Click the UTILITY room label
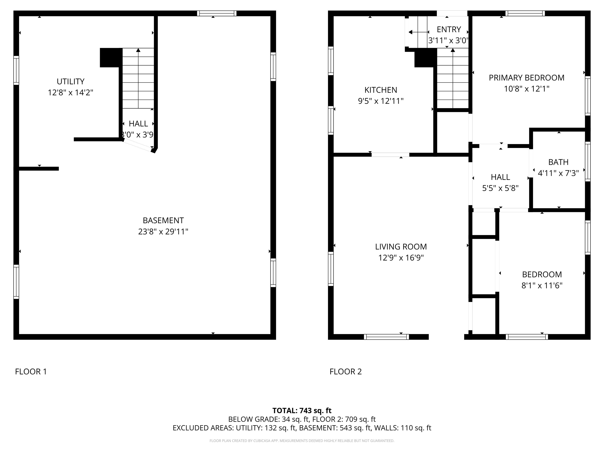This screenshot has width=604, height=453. (70, 81)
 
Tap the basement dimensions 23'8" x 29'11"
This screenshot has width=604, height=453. (163, 232)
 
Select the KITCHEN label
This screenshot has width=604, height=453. (381, 90)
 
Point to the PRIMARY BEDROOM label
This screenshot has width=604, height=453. (527, 78)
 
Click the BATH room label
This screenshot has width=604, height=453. (558, 162)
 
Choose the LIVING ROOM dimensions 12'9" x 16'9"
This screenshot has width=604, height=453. (401, 258)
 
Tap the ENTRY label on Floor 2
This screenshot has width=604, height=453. (449, 29)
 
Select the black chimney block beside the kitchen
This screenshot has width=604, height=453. (424, 59)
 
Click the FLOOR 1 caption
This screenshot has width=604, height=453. (31, 371)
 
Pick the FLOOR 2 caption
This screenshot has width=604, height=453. (345, 371)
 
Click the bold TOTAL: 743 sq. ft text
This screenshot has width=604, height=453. (302, 410)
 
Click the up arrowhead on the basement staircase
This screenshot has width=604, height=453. (138, 50)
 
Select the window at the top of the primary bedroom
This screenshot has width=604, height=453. (525, 13)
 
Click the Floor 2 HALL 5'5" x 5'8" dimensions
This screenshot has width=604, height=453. (500, 188)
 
